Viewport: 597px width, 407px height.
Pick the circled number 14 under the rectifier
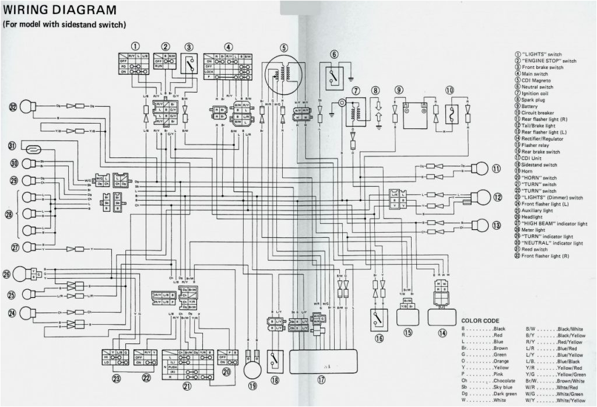[x=442, y=333]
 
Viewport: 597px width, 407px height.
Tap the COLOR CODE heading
[x=480, y=321]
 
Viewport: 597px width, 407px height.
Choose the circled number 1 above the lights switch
[x=135, y=46]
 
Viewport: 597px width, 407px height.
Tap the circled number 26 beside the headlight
[x=7, y=274]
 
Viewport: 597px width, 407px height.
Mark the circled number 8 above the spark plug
[x=375, y=90]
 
